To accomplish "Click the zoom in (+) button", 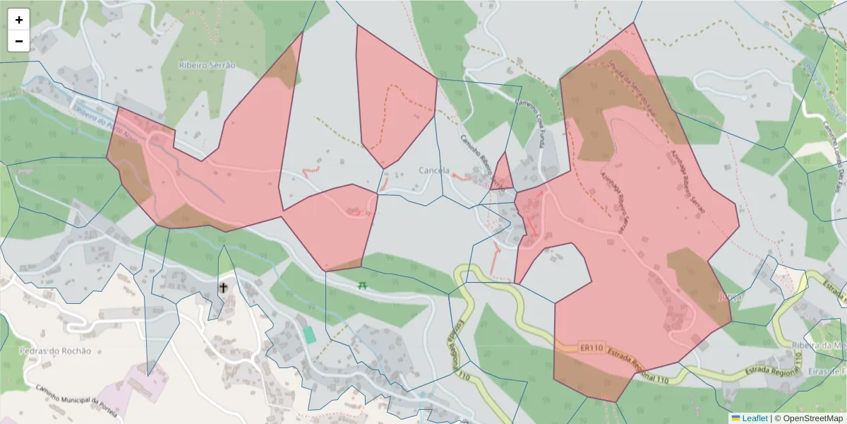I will pos(19,20).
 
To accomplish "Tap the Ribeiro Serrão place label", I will pos(207,64).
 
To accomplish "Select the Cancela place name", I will pos(434,170).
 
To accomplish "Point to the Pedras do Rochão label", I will pos(56,351).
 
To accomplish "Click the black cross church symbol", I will pos(224,288).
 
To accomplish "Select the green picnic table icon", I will pos(363,285).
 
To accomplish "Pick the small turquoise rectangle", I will pos(309,334).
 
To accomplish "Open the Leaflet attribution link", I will pos(755,418).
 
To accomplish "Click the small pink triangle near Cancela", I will pos(503,173).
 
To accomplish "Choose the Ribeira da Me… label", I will pos(819,345).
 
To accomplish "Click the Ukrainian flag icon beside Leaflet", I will pos(735,418).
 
